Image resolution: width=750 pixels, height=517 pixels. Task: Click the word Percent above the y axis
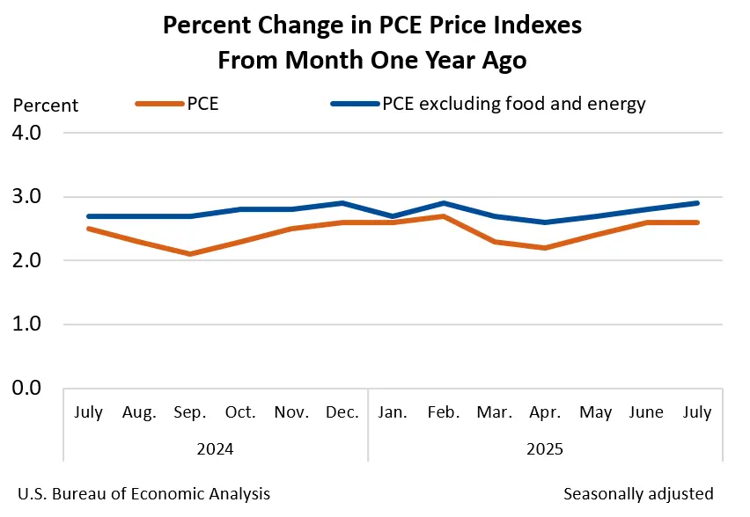[x=46, y=106]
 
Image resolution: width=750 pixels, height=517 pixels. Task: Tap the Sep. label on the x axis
[x=190, y=411]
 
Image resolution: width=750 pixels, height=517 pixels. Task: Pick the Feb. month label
[x=444, y=411]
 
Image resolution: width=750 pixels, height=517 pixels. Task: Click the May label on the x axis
[x=596, y=411]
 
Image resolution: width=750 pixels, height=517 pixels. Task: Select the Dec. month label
[x=342, y=411]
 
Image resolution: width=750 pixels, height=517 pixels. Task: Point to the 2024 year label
[x=215, y=449]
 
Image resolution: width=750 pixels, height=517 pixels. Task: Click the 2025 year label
[x=545, y=449]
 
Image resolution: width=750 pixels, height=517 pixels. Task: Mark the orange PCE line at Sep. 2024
[x=190, y=254]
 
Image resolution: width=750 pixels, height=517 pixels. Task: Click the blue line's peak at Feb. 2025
[x=444, y=203]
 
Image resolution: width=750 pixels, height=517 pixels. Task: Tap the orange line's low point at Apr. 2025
[x=545, y=248]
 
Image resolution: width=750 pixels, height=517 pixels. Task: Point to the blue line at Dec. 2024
[x=342, y=203]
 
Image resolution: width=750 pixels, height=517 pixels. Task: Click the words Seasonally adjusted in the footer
[x=638, y=493]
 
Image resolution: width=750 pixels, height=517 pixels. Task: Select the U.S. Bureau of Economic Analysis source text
[x=143, y=493]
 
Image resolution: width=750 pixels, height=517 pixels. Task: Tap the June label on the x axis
[x=646, y=411]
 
